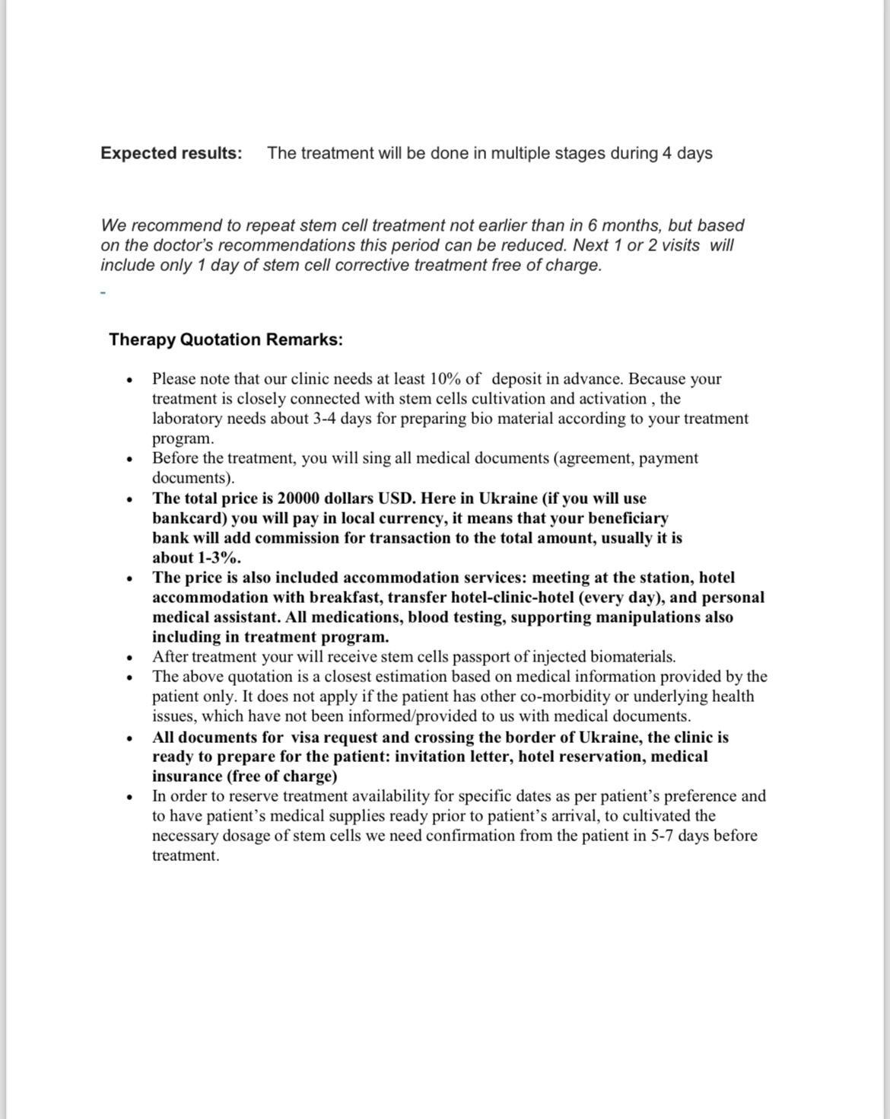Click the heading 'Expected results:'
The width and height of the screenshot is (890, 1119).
[x=171, y=153]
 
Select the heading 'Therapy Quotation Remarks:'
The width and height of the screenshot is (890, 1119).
[x=226, y=340]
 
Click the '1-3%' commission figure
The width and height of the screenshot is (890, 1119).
[x=211, y=558]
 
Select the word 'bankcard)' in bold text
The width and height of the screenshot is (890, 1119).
[x=189, y=518]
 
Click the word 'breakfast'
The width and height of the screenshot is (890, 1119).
[x=344, y=598]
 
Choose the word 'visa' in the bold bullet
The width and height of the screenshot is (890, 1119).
[x=308, y=737]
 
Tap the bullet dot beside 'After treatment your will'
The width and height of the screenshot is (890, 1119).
[x=131, y=658]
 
